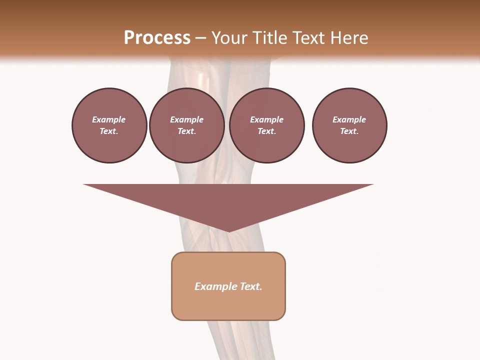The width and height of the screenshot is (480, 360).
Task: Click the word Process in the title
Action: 157,38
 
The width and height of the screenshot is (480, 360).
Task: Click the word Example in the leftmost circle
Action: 109,119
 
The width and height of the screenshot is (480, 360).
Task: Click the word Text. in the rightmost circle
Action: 349,131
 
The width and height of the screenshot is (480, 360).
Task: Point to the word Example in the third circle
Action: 266,119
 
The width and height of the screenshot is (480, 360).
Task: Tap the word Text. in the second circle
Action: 186,131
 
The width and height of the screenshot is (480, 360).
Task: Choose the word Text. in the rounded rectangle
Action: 249,286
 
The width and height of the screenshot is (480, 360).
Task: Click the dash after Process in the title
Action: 200,38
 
